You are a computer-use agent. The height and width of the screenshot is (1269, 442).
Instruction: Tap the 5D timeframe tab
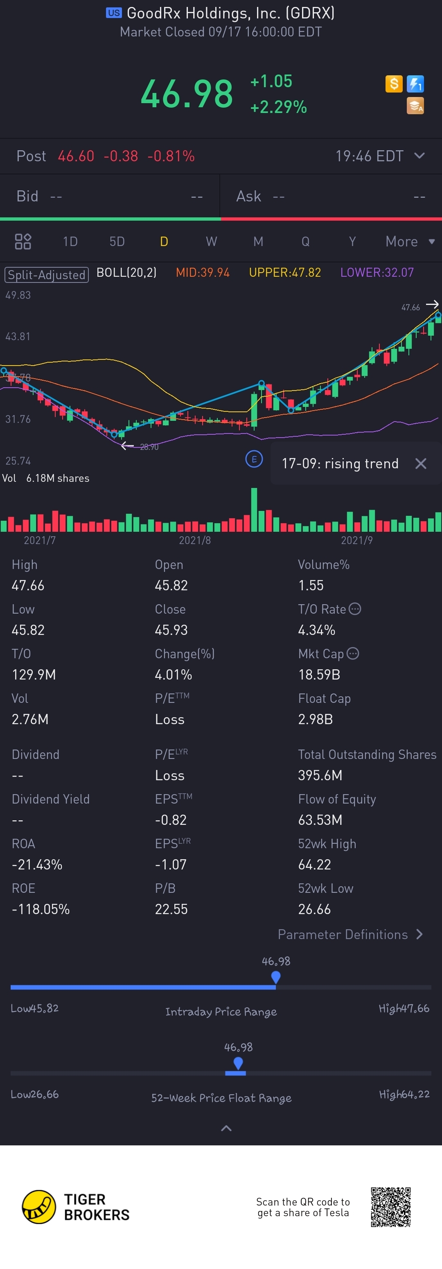coord(117,242)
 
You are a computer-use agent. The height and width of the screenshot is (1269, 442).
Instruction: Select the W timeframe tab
coord(211,242)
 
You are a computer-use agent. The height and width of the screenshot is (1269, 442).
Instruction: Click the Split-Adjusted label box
coord(46,274)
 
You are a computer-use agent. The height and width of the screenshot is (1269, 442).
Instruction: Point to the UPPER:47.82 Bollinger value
coord(285,272)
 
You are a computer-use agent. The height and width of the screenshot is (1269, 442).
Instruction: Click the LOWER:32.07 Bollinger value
coord(377,272)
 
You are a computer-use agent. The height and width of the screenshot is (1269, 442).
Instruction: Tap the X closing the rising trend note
coord(420,463)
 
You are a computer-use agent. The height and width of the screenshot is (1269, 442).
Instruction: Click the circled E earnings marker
coord(254,460)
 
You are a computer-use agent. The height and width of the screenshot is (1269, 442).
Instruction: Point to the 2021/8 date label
coord(195,540)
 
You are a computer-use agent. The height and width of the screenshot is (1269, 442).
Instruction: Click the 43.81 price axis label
coord(18,336)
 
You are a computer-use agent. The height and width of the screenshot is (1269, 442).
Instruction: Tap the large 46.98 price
coord(187,94)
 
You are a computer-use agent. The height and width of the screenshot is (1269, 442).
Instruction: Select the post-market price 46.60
coord(76,156)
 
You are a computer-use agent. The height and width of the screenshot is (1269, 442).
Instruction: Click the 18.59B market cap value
coord(319,674)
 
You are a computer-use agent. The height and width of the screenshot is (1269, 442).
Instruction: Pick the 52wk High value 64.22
coord(314,865)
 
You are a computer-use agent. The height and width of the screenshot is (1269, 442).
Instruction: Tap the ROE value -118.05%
coord(41,909)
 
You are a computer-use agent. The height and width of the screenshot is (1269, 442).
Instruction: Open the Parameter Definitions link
coord(350,935)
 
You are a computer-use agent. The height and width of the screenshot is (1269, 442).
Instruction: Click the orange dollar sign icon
coord(394,84)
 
